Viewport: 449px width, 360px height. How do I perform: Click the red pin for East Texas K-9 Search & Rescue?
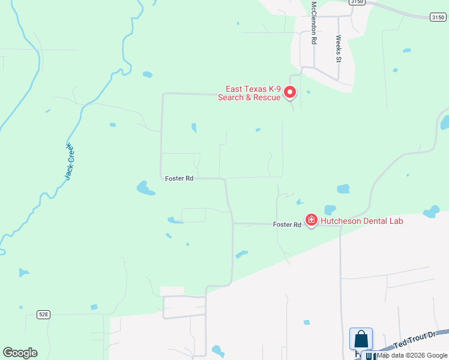pyautogui.click(x=290, y=92)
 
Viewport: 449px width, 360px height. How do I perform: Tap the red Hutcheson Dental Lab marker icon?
pyautogui.click(x=312, y=220)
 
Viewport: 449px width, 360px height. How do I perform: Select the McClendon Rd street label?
pyautogui.click(x=313, y=22)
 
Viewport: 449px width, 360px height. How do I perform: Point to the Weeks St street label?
pyautogui.click(x=339, y=48)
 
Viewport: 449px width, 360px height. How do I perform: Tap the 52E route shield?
pyautogui.click(x=43, y=314)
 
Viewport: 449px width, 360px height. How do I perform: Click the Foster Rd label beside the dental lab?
pyautogui.click(x=287, y=224)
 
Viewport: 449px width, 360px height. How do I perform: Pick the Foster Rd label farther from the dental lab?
pyautogui.click(x=179, y=178)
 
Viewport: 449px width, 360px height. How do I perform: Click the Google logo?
pyautogui.click(x=20, y=353)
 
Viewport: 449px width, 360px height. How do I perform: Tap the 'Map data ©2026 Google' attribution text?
pyautogui.click(x=412, y=355)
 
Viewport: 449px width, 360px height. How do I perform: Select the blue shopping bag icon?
pyautogui.click(x=361, y=339)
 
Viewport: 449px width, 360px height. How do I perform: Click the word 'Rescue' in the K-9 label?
pyautogui.click(x=266, y=98)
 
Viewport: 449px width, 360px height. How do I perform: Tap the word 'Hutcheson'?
pyautogui.click(x=340, y=221)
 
